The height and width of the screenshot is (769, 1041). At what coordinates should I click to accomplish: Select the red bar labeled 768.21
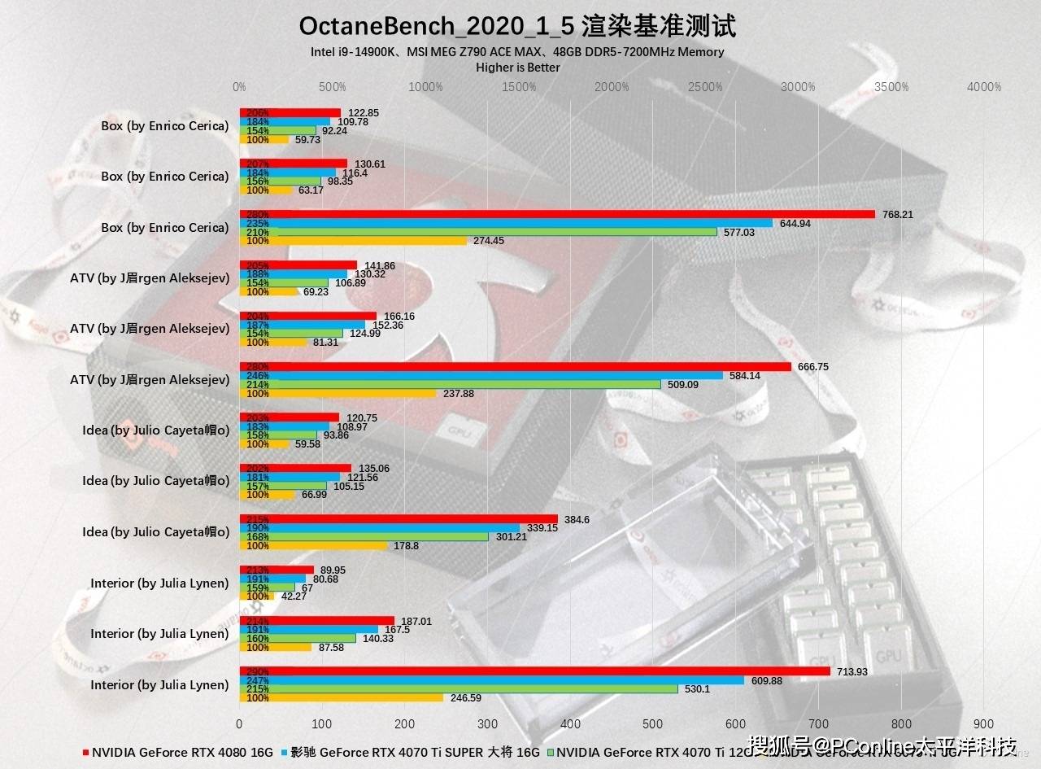click(557, 214)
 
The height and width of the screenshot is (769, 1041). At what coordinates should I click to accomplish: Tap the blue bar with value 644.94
click(506, 223)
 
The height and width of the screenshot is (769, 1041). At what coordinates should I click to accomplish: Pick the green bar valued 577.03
click(478, 232)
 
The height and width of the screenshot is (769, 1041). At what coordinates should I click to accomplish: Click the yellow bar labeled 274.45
click(353, 241)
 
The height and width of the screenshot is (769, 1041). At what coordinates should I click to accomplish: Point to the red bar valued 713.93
click(534, 671)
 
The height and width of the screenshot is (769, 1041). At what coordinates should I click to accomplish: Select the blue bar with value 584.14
click(481, 375)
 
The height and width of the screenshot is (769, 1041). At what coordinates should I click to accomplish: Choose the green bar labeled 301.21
click(364, 536)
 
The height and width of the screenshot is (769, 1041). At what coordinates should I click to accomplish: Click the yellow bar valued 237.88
click(338, 393)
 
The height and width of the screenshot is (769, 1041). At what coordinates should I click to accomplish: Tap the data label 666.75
click(813, 367)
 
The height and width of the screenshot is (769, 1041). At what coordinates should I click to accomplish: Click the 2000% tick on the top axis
click(612, 87)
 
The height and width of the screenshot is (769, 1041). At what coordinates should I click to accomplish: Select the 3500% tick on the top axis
click(891, 87)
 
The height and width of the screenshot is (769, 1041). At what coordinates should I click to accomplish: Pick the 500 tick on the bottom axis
click(653, 723)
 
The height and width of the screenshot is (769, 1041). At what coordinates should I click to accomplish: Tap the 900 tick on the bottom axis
click(983, 723)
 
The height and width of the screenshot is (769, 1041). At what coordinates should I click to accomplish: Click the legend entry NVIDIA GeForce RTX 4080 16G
click(179, 752)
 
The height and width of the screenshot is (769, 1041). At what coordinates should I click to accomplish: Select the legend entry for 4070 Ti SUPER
click(411, 752)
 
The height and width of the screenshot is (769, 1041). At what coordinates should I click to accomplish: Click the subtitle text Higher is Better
click(517, 68)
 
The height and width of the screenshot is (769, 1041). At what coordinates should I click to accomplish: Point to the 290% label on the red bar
click(257, 671)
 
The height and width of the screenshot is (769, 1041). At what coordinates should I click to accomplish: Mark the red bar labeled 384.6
click(399, 519)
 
